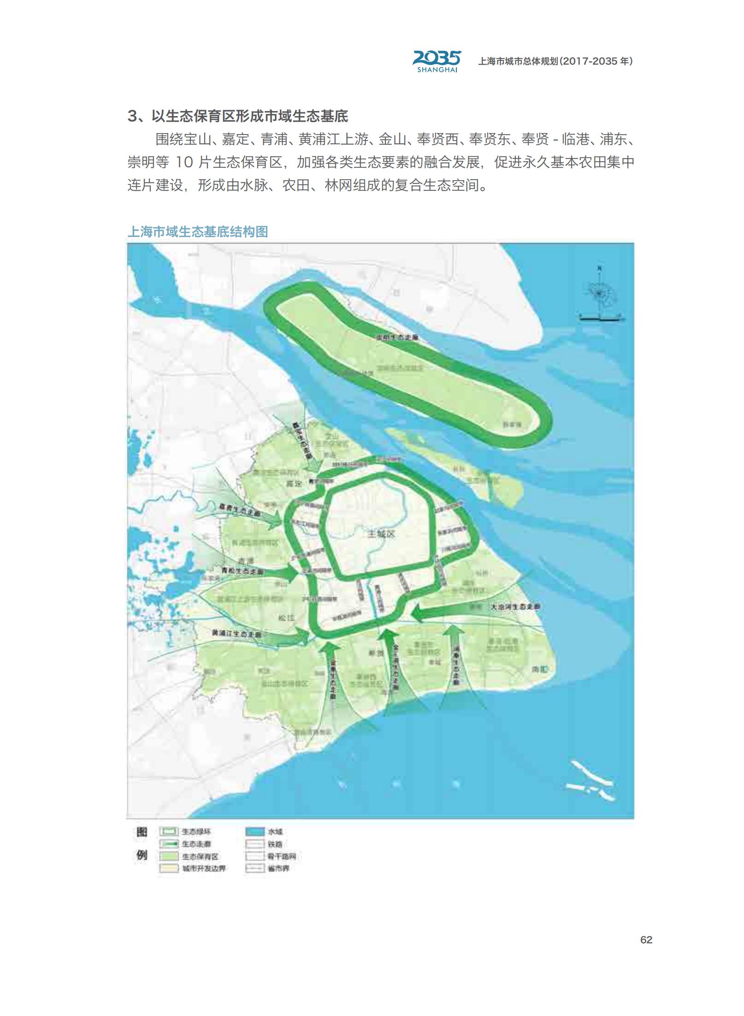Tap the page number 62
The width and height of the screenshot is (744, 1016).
coord(646,940)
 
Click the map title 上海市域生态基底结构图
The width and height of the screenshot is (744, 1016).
coord(198,231)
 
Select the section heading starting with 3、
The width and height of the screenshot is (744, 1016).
coord(237,116)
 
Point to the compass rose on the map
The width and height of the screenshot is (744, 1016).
coord(600,294)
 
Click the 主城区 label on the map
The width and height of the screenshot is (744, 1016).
coord(381,534)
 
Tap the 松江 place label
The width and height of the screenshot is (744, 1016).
coord(286,617)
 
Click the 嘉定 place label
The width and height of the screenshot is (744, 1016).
coord(294,483)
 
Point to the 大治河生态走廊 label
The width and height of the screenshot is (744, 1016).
coord(514,607)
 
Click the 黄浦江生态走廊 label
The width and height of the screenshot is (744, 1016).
coord(236,634)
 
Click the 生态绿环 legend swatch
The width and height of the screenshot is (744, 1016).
coord(169,832)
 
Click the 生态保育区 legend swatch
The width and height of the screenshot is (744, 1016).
coord(169,857)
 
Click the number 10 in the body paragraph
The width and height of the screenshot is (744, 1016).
coord(184,162)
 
